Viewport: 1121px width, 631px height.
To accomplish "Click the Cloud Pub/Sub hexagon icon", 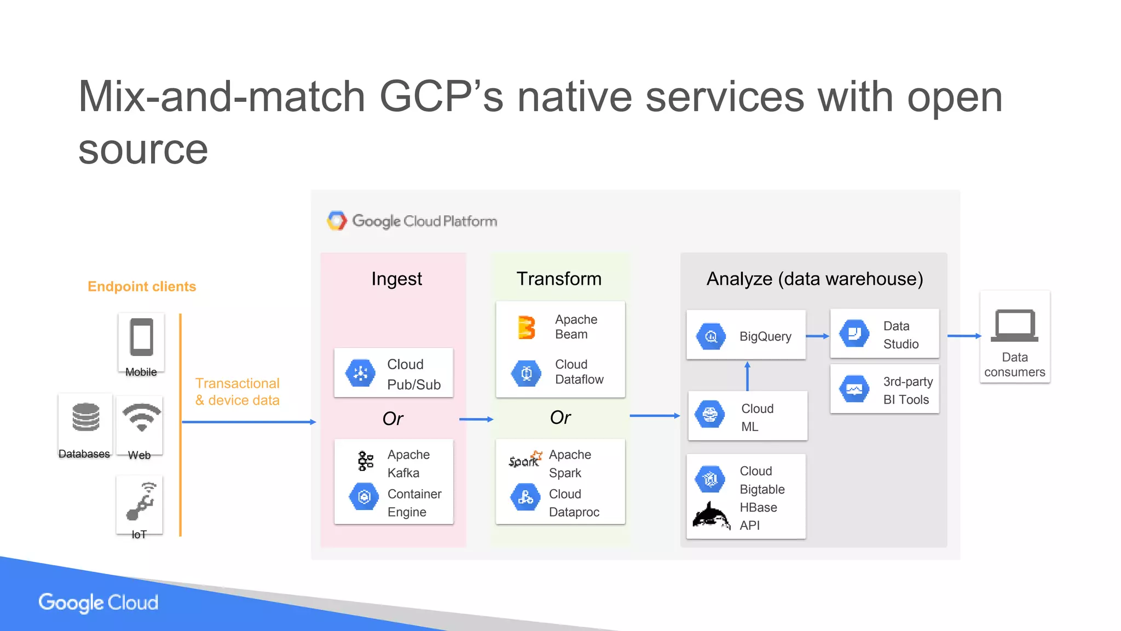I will tap(360, 374).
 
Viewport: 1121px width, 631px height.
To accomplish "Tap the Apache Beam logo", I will tap(526, 327).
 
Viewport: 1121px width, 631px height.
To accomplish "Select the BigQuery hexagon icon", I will tap(711, 336).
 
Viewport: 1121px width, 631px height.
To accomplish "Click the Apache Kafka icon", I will tap(365, 461).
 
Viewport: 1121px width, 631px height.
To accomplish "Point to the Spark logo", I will tap(525, 460).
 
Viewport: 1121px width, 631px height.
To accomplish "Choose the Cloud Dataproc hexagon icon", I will tap(525, 497).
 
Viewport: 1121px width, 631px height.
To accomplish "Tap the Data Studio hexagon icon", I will tap(854, 334).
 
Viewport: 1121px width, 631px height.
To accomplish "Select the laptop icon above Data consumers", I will tap(1014, 325).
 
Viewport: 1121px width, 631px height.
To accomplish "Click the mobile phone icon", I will tap(141, 337).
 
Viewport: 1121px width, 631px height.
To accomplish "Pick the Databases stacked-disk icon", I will tap(86, 418).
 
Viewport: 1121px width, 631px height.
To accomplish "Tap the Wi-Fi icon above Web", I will tap(141, 417).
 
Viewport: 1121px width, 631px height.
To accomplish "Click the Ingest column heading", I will tap(396, 279).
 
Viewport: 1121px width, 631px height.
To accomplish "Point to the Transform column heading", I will tap(559, 279).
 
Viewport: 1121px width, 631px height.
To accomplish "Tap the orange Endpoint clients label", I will tap(142, 286).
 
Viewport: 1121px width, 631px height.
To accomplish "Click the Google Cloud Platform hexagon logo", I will tap(337, 221).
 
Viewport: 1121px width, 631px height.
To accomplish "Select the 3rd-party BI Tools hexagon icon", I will tap(854, 389).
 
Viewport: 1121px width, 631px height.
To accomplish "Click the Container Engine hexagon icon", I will tap(364, 497).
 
